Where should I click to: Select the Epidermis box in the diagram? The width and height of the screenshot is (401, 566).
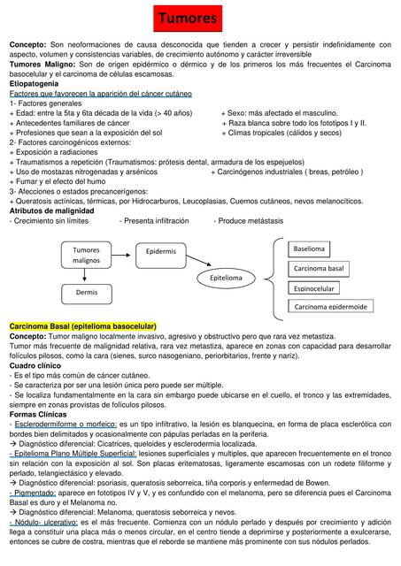click(160, 252)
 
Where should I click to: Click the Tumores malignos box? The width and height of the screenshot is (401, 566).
click(87, 256)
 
